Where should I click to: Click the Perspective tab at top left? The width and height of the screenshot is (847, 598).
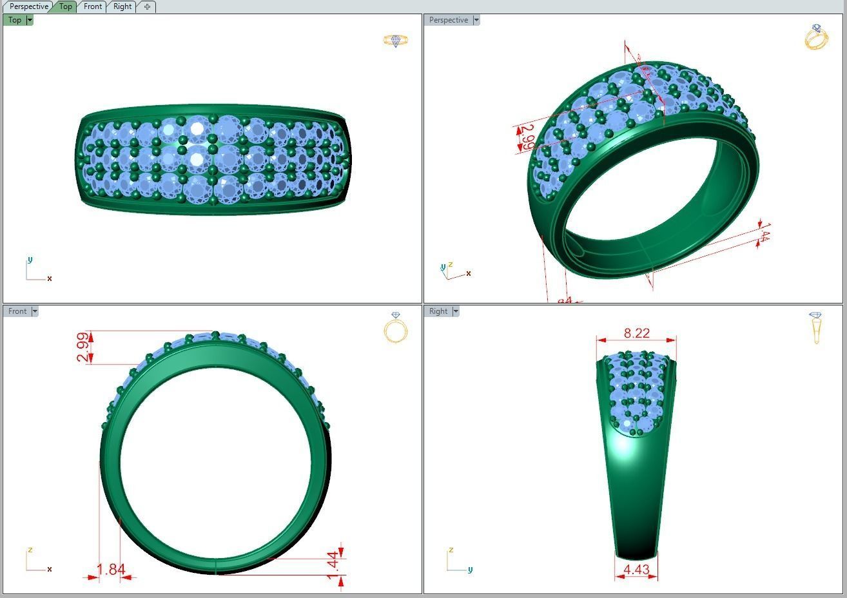pyautogui.click(x=28, y=6)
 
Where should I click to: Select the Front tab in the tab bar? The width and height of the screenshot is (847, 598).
pyautogui.click(x=92, y=6)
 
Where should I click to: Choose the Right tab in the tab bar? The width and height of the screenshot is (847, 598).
pyautogui.click(x=122, y=6)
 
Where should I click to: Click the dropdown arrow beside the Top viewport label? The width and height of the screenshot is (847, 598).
pyautogui.click(x=30, y=20)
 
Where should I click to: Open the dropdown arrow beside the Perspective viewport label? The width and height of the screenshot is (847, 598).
pyautogui.click(x=476, y=20)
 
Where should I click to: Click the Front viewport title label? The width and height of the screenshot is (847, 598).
pyautogui.click(x=17, y=311)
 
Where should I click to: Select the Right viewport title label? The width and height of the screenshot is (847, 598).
pyautogui.click(x=438, y=311)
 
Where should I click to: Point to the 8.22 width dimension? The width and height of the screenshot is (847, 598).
pyautogui.click(x=636, y=333)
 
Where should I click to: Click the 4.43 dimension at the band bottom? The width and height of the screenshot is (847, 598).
pyautogui.click(x=636, y=570)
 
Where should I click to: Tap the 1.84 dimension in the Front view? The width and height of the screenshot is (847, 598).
pyautogui.click(x=110, y=570)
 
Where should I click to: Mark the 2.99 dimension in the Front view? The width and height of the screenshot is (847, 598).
pyautogui.click(x=83, y=347)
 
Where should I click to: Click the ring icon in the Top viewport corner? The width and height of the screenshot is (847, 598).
pyautogui.click(x=396, y=41)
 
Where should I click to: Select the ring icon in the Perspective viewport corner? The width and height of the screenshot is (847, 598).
pyautogui.click(x=816, y=37)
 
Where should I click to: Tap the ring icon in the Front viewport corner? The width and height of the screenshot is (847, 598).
pyautogui.click(x=396, y=327)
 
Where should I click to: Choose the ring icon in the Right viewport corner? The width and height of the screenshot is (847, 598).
pyautogui.click(x=816, y=327)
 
